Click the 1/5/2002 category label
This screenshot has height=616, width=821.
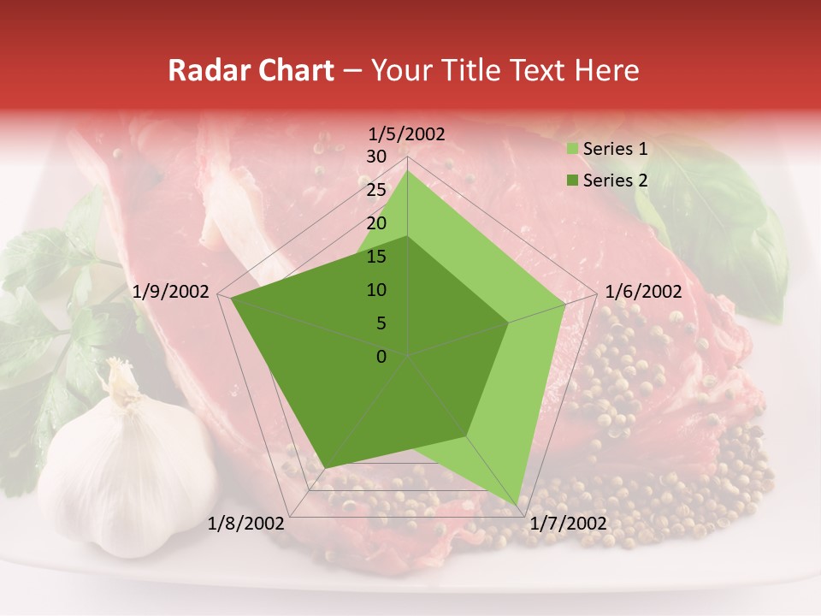(x=407, y=133)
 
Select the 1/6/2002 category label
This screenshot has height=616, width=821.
(x=643, y=292)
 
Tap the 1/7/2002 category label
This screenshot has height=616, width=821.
(x=568, y=523)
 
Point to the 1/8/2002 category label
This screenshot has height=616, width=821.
(x=246, y=523)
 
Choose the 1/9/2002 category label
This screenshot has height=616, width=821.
(x=171, y=292)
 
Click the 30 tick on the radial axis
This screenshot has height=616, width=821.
(x=376, y=157)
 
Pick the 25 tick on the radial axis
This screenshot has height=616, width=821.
(x=376, y=190)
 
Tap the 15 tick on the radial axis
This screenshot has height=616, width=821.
(x=376, y=257)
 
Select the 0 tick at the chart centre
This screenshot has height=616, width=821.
(x=381, y=356)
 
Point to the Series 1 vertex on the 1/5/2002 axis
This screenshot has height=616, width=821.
(x=408, y=170)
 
